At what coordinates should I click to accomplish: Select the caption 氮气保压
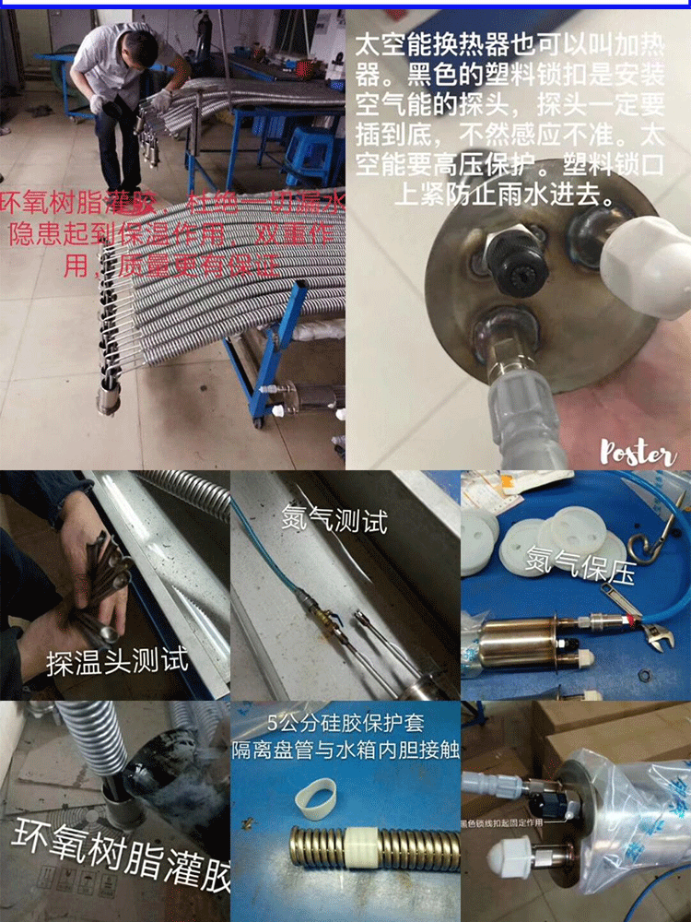coord(580,564)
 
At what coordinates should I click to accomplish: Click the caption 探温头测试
coord(117,661)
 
